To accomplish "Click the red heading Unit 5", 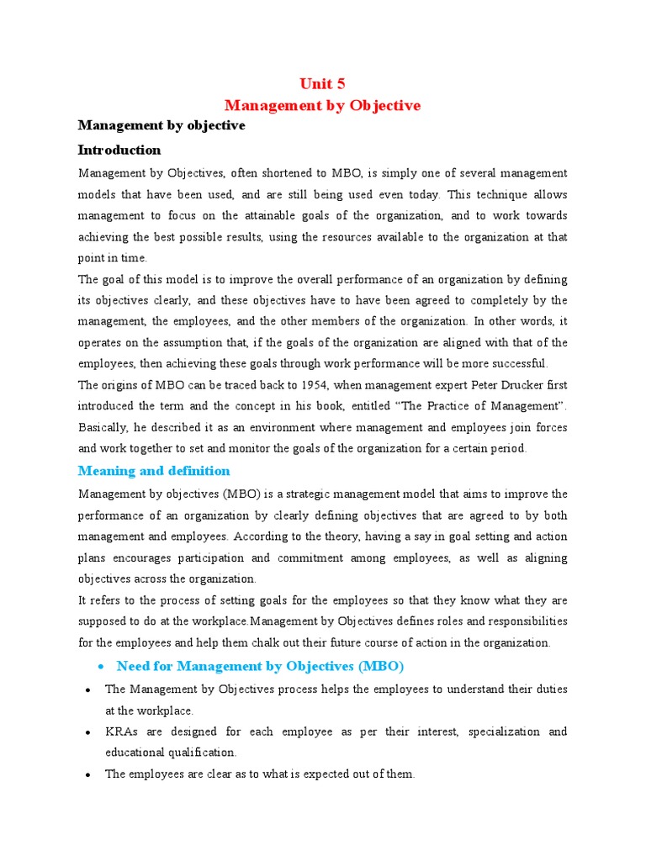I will click(x=322, y=83).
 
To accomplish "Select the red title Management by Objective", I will click(x=322, y=105).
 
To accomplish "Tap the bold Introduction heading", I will click(x=119, y=150).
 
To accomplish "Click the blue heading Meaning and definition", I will click(x=154, y=470).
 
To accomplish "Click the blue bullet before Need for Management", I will click(x=100, y=667).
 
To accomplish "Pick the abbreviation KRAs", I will click(x=120, y=732).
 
